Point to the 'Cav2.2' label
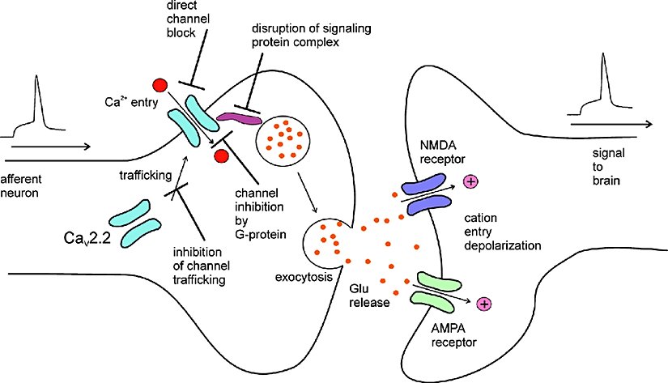coord(91,238)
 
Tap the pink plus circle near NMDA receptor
coord(469,181)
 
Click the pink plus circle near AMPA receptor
coord(485,304)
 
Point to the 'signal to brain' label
coord(605,168)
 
